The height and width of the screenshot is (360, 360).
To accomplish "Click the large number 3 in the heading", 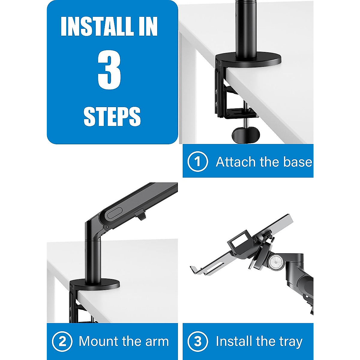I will [109, 70].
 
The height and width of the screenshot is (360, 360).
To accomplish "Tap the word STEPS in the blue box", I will [112, 116].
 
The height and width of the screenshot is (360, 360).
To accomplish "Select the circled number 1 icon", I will [197, 162].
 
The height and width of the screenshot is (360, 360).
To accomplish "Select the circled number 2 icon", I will [62, 341].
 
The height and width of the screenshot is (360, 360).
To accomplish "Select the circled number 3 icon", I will [197, 341].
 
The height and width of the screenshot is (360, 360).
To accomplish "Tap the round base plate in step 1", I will [249, 60].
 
